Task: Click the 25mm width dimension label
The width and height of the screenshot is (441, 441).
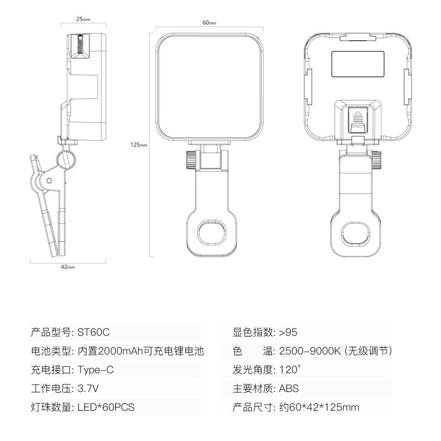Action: point(83,19)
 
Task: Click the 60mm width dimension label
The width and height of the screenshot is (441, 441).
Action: point(209,23)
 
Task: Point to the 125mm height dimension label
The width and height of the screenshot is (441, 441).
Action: point(139,145)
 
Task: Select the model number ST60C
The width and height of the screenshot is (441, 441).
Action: point(94,332)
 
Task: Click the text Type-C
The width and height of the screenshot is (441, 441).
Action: point(95,369)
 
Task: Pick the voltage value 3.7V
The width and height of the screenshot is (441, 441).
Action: point(88,388)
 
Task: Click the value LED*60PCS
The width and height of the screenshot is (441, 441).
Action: point(106,407)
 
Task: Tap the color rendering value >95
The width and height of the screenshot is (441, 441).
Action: point(288,332)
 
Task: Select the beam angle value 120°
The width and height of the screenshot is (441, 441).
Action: point(291,369)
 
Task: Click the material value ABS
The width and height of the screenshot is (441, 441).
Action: point(289,388)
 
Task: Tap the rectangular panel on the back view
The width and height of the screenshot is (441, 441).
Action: point(358,64)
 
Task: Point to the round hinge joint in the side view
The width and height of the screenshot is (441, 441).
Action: point(68,159)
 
